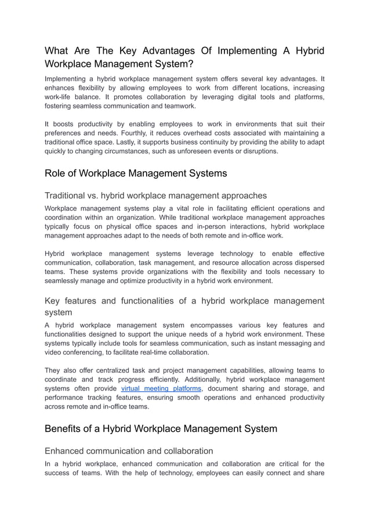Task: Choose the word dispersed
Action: click(x=306, y=262)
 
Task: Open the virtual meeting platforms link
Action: click(x=161, y=388)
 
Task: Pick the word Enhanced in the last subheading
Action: click(x=65, y=451)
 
